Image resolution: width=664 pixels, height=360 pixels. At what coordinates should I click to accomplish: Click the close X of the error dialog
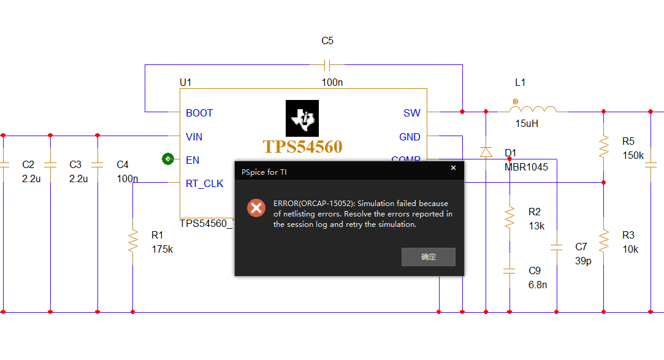[454, 167]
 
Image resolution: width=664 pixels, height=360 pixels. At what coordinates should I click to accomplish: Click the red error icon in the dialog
[256, 208]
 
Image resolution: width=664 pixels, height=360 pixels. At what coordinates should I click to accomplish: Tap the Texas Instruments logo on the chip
[302, 118]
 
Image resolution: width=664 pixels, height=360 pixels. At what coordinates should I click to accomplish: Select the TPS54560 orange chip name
[302, 147]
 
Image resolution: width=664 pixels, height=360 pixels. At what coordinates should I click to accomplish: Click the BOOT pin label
[199, 113]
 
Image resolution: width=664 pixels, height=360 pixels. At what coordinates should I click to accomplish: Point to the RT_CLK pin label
[205, 183]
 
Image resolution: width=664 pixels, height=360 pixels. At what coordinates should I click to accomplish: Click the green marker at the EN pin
[167, 159]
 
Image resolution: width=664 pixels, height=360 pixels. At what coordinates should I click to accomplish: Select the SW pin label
[412, 113]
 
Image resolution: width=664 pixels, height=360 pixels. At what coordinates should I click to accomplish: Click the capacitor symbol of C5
[327, 64]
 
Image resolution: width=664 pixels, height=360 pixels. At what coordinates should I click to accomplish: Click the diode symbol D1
[486, 151]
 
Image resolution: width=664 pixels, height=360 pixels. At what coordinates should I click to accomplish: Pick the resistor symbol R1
[132, 242]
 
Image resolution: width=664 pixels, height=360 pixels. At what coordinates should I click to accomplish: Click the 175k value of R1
[162, 250]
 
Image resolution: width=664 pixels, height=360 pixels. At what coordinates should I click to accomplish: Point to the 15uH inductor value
[527, 124]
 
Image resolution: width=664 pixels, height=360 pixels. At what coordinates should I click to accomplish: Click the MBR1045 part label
[526, 167]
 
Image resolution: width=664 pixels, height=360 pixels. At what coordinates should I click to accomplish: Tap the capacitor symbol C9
[509, 270]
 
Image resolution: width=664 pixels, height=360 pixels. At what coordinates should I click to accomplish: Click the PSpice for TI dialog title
[264, 172]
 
